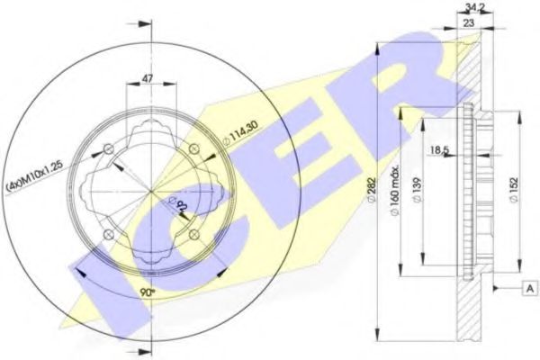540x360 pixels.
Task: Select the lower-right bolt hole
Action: click(193, 234)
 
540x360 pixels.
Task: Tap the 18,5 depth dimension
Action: click(440, 148)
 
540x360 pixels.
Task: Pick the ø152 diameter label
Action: click(513, 191)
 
